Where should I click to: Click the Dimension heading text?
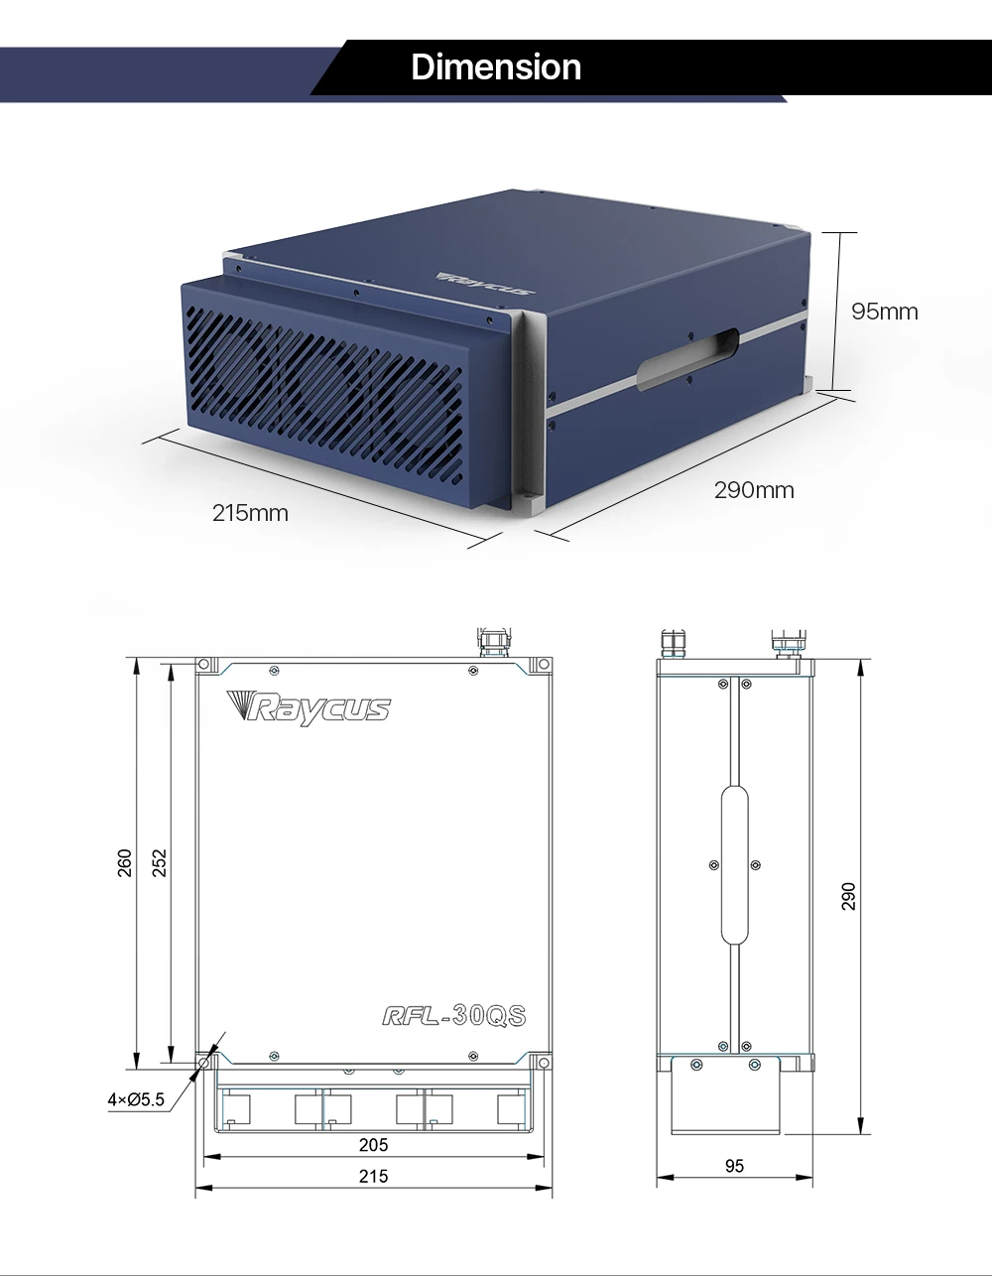pyautogui.click(x=496, y=67)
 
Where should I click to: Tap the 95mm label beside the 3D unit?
pyautogui.click(x=885, y=312)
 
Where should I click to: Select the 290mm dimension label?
pyautogui.click(x=754, y=490)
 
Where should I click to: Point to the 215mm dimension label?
pyautogui.click(x=250, y=513)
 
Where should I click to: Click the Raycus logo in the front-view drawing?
pyautogui.click(x=309, y=706)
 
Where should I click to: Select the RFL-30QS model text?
pyautogui.click(x=453, y=1015)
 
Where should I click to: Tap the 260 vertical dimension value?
pyautogui.click(x=125, y=863)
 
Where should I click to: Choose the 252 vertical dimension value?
pyautogui.click(x=159, y=863)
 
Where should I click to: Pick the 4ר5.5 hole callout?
pyautogui.click(x=136, y=1099)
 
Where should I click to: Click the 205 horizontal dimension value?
pyautogui.click(x=373, y=1145)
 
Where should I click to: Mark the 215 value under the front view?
pyautogui.click(x=373, y=1177)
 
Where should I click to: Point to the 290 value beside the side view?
pyautogui.click(x=848, y=896)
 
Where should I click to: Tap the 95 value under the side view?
pyautogui.click(x=734, y=1167)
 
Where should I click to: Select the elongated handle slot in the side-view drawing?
pyautogui.click(x=735, y=864)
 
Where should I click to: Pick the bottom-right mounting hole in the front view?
pyautogui.click(x=542, y=1063)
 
